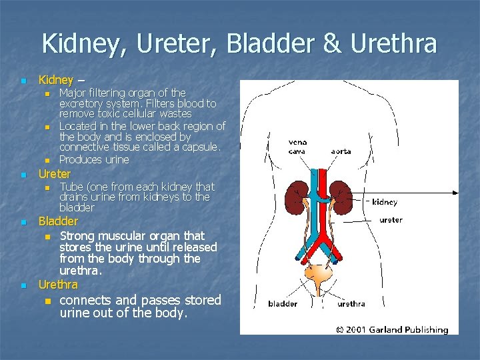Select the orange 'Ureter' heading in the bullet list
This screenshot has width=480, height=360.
(55, 174)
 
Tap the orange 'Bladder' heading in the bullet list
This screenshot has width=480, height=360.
(58, 221)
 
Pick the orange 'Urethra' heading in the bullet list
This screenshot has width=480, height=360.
(58, 285)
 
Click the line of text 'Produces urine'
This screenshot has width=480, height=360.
(94, 159)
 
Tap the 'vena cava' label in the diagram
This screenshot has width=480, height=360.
(297, 147)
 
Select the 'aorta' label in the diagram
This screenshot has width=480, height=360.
(341, 151)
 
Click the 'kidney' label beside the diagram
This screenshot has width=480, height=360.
(385, 201)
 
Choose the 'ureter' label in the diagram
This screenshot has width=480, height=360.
(391, 219)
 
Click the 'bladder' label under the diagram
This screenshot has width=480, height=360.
(283, 304)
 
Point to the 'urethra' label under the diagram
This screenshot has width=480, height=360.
(351, 304)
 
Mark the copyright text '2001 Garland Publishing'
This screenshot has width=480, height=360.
(396, 329)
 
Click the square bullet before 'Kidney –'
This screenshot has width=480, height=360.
(23, 81)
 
